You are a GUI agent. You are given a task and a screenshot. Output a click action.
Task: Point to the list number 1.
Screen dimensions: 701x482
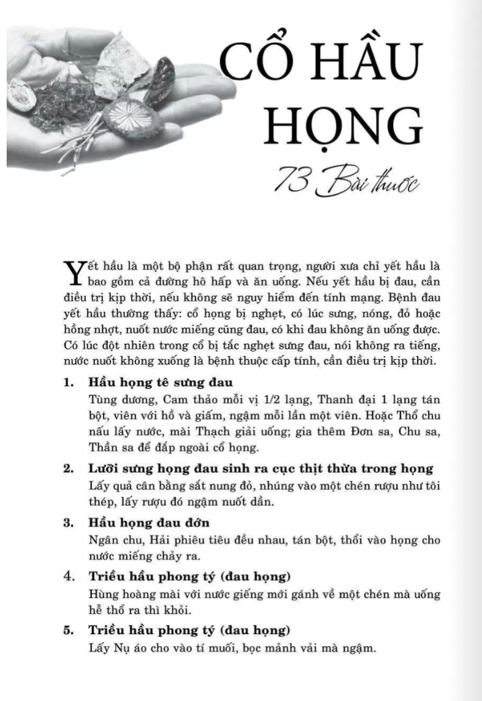(68, 382)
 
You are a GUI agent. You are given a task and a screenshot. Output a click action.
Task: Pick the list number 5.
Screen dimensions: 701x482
(68, 630)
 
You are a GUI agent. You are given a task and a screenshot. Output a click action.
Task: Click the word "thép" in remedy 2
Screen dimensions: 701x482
(101, 502)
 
